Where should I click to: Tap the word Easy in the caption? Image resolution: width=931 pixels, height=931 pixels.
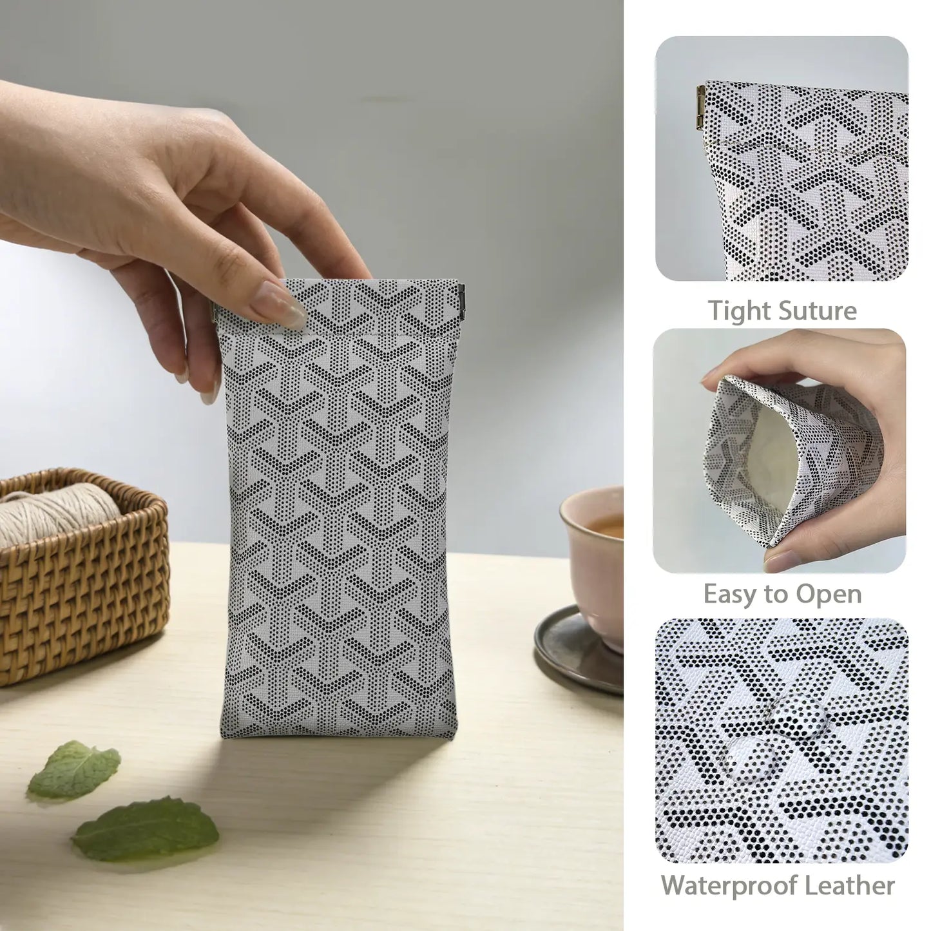[x=729, y=595]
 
